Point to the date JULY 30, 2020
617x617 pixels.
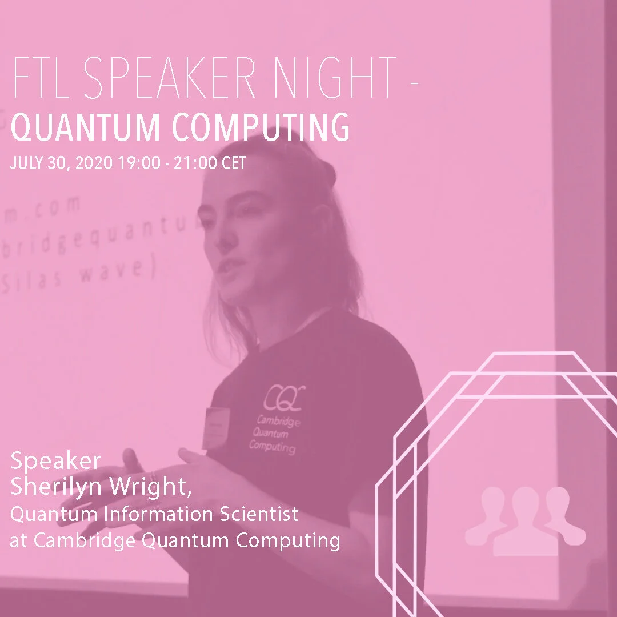click(x=61, y=163)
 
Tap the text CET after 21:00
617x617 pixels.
click(x=234, y=163)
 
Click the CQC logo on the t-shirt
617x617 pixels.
click(x=285, y=395)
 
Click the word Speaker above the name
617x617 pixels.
click(x=55, y=460)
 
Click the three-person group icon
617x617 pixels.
click(x=524, y=520)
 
